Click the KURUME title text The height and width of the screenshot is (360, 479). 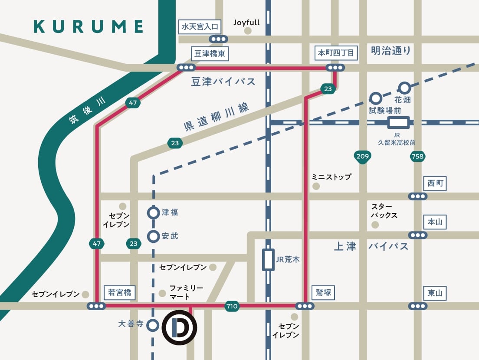[89, 26]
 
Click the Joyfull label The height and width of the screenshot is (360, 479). [246, 23]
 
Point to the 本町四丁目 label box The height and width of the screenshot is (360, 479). [336, 53]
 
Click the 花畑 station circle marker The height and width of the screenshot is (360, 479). [405, 88]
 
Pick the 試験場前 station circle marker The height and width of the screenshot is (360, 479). [375, 98]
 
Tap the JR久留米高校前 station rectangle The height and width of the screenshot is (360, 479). [399, 123]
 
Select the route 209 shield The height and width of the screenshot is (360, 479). [363, 157]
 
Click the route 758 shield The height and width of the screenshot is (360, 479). [417, 157]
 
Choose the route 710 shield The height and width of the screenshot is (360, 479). [232, 306]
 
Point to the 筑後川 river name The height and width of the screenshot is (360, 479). [87, 111]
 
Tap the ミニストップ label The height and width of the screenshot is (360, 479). [331, 177]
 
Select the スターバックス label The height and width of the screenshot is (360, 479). [384, 211]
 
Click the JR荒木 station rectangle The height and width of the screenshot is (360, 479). [269, 260]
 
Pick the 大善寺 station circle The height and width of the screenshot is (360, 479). [153, 325]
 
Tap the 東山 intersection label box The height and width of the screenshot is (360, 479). [435, 293]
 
